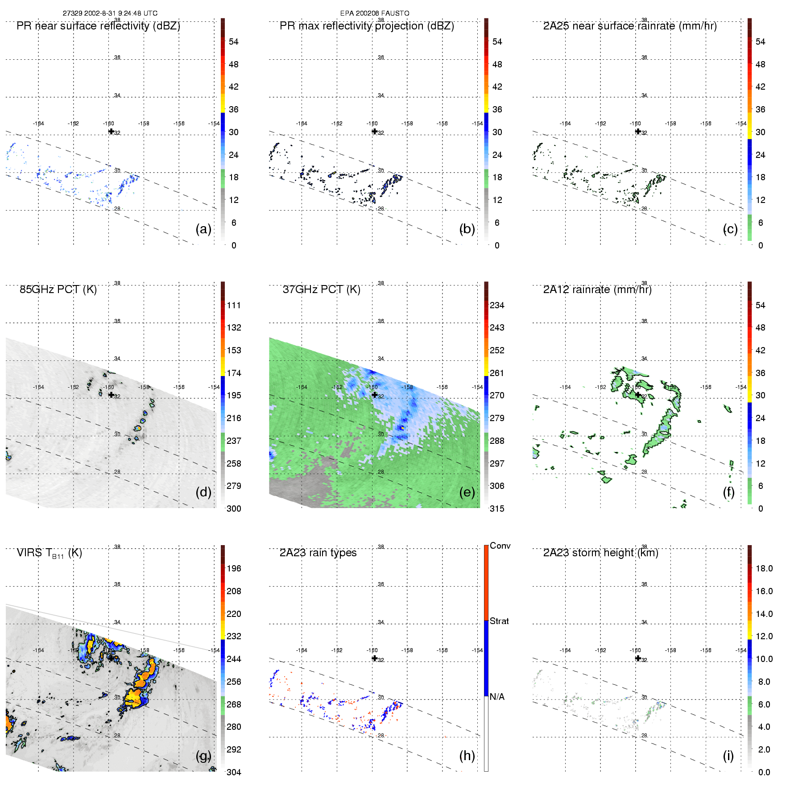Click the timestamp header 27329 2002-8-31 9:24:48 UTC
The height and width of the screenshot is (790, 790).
[110, 13]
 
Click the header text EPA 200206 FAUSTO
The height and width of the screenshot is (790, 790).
[375, 13]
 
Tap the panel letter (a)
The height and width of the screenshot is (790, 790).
[203, 229]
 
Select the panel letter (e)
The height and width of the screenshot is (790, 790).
[467, 492]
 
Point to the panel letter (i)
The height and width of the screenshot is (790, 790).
[728, 756]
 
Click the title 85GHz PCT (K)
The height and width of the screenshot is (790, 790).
[58, 290]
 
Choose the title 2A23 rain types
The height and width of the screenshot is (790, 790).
[318, 553]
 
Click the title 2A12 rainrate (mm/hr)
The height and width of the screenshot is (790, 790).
[597, 290]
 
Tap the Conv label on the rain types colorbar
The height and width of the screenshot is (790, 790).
[500, 546]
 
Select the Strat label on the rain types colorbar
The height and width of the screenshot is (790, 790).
[499, 621]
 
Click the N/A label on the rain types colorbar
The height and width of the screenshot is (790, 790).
[497, 697]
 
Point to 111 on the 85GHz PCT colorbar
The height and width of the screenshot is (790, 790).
[234, 306]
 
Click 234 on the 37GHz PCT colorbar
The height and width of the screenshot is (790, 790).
[497, 306]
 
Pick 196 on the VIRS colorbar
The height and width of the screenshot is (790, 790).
[234, 569]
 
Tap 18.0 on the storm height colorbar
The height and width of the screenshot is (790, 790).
[764, 569]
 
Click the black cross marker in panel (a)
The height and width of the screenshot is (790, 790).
[111, 131]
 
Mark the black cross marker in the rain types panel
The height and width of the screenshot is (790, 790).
[375, 658]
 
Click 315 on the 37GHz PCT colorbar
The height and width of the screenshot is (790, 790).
[497, 509]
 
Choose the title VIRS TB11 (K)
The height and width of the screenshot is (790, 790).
[49, 553]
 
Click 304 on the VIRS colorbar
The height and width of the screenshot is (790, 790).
[234, 772]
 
